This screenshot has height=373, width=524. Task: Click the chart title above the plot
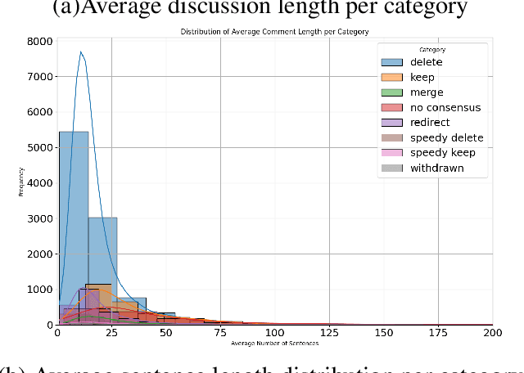point(273,31)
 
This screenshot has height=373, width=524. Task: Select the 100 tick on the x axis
point(274,334)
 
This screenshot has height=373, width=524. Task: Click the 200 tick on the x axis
point(492,334)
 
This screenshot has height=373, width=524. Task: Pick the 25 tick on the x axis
point(111,334)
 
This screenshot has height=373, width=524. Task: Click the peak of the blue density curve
point(81,52)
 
